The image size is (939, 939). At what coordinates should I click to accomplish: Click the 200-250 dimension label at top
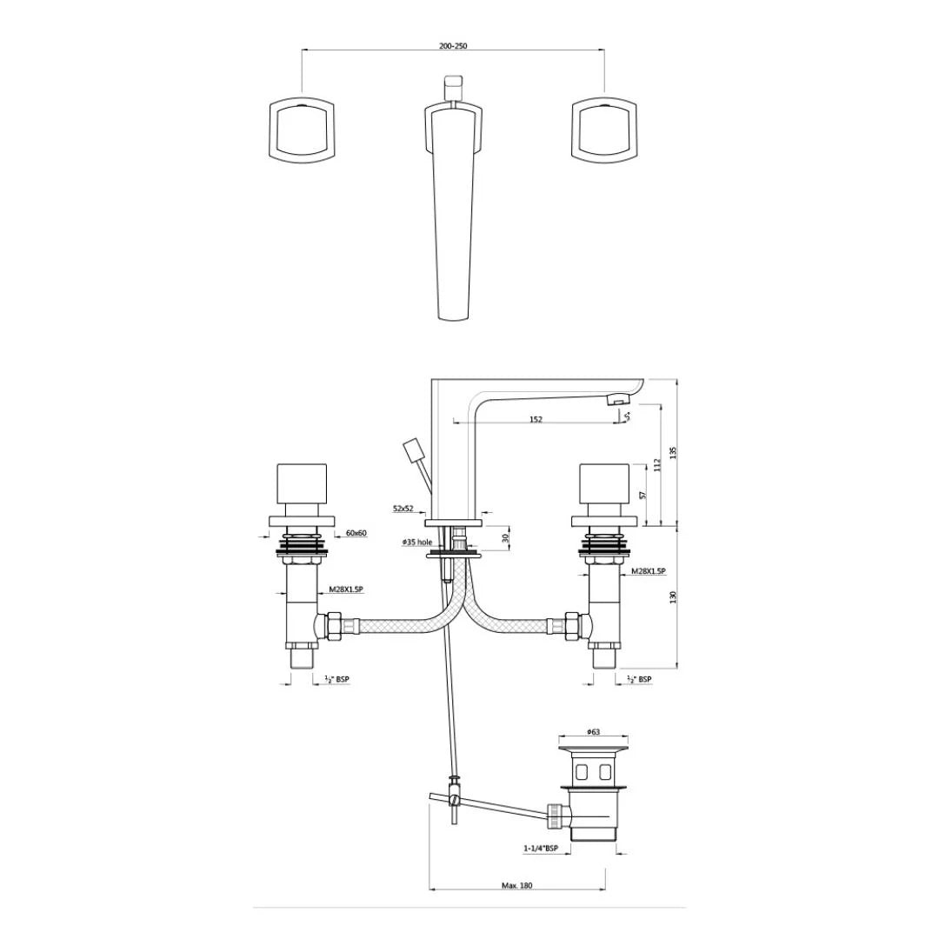tap(453, 46)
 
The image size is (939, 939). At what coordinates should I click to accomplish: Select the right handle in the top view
tap(605, 130)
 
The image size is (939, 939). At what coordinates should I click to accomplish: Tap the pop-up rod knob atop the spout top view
tap(453, 87)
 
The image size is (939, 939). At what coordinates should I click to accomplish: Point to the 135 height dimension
tap(673, 452)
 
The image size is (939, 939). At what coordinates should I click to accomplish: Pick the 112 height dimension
tap(658, 466)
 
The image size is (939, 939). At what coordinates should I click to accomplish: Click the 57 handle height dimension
tap(643, 494)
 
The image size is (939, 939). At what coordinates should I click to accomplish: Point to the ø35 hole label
tap(416, 542)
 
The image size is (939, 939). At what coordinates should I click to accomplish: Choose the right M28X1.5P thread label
tap(649, 570)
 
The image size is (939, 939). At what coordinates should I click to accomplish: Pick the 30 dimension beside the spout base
tap(505, 538)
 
